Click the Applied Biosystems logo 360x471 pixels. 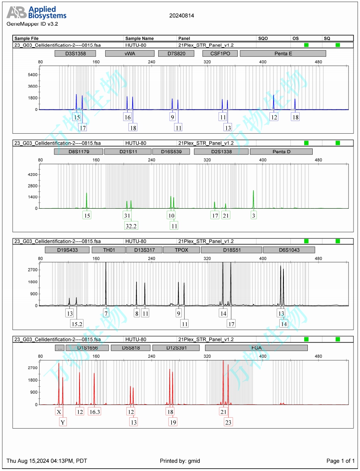pyautogui.click(x=36, y=13)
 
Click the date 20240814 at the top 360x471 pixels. pyautogui.click(x=182, y=16)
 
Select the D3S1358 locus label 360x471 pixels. pyautogui.click(x=75, y=53)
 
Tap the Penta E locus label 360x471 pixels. pyautogui.click(x=283, y=53)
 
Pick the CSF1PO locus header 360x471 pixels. pyautogui.click(x=218, y=53)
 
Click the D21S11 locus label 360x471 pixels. pyautogui.click(x=127, y=152)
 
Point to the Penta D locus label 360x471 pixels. pyautogui.click(x=281, y=152)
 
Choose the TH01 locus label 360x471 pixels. pyautogui.click(x=108, y=250)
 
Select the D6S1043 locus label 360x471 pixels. pyautogui.click(x=289, y=250)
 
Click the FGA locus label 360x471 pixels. pyautogui.click(x=256, y=348)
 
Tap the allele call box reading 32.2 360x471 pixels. pyautogui.click(x=131, y=225)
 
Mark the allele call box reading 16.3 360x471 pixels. pyautogui.click(x=95, y=412)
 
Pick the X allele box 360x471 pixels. pyautogui.click(x=59, y=412)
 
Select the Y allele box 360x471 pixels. pyautogui.click(x=63, y=422)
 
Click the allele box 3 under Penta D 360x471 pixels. pyautogui.click(x=254, y=215)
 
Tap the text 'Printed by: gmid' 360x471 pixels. pyautogui.click(x=180, y=461)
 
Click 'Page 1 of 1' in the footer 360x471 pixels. pyautogui.click(x=340, y=461)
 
